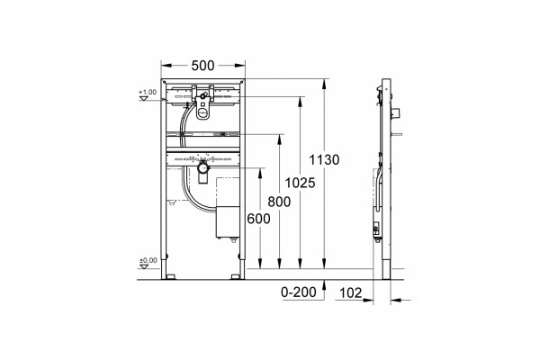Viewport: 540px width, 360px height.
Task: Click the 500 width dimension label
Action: (202, 65)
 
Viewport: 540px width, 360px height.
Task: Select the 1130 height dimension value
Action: (324, 160)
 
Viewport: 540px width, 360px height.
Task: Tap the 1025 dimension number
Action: (300, 183)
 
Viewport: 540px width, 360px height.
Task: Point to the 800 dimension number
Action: (279, 202)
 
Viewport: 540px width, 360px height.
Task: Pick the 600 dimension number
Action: (258, 219)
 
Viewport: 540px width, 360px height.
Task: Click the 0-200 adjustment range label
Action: (299, 292)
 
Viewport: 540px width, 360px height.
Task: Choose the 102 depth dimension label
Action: (351, 292)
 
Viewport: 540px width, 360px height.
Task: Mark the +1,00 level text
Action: (148, 92)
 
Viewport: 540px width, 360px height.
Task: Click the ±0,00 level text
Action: (148, 260)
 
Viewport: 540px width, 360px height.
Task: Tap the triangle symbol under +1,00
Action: (143, 98)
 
